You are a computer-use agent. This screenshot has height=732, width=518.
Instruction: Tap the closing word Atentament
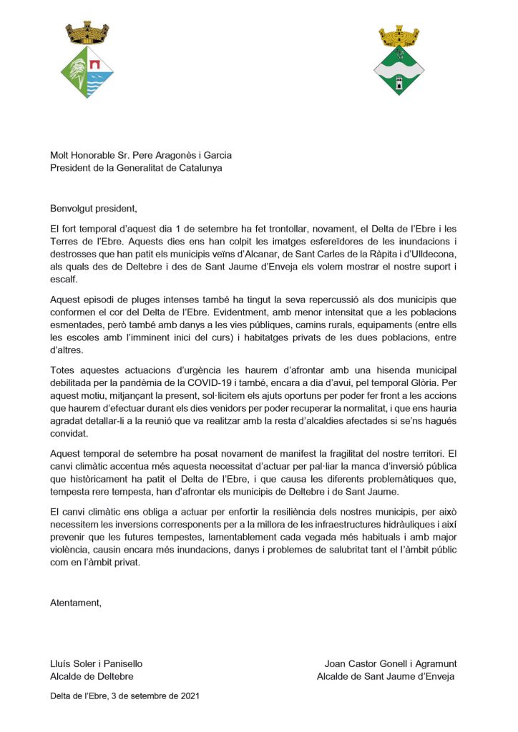[x=76, y=602]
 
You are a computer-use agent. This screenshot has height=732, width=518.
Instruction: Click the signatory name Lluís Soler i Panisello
[x=101, y=663]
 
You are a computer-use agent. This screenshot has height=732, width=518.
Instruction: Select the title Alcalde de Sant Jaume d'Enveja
[x=386, y=676]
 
